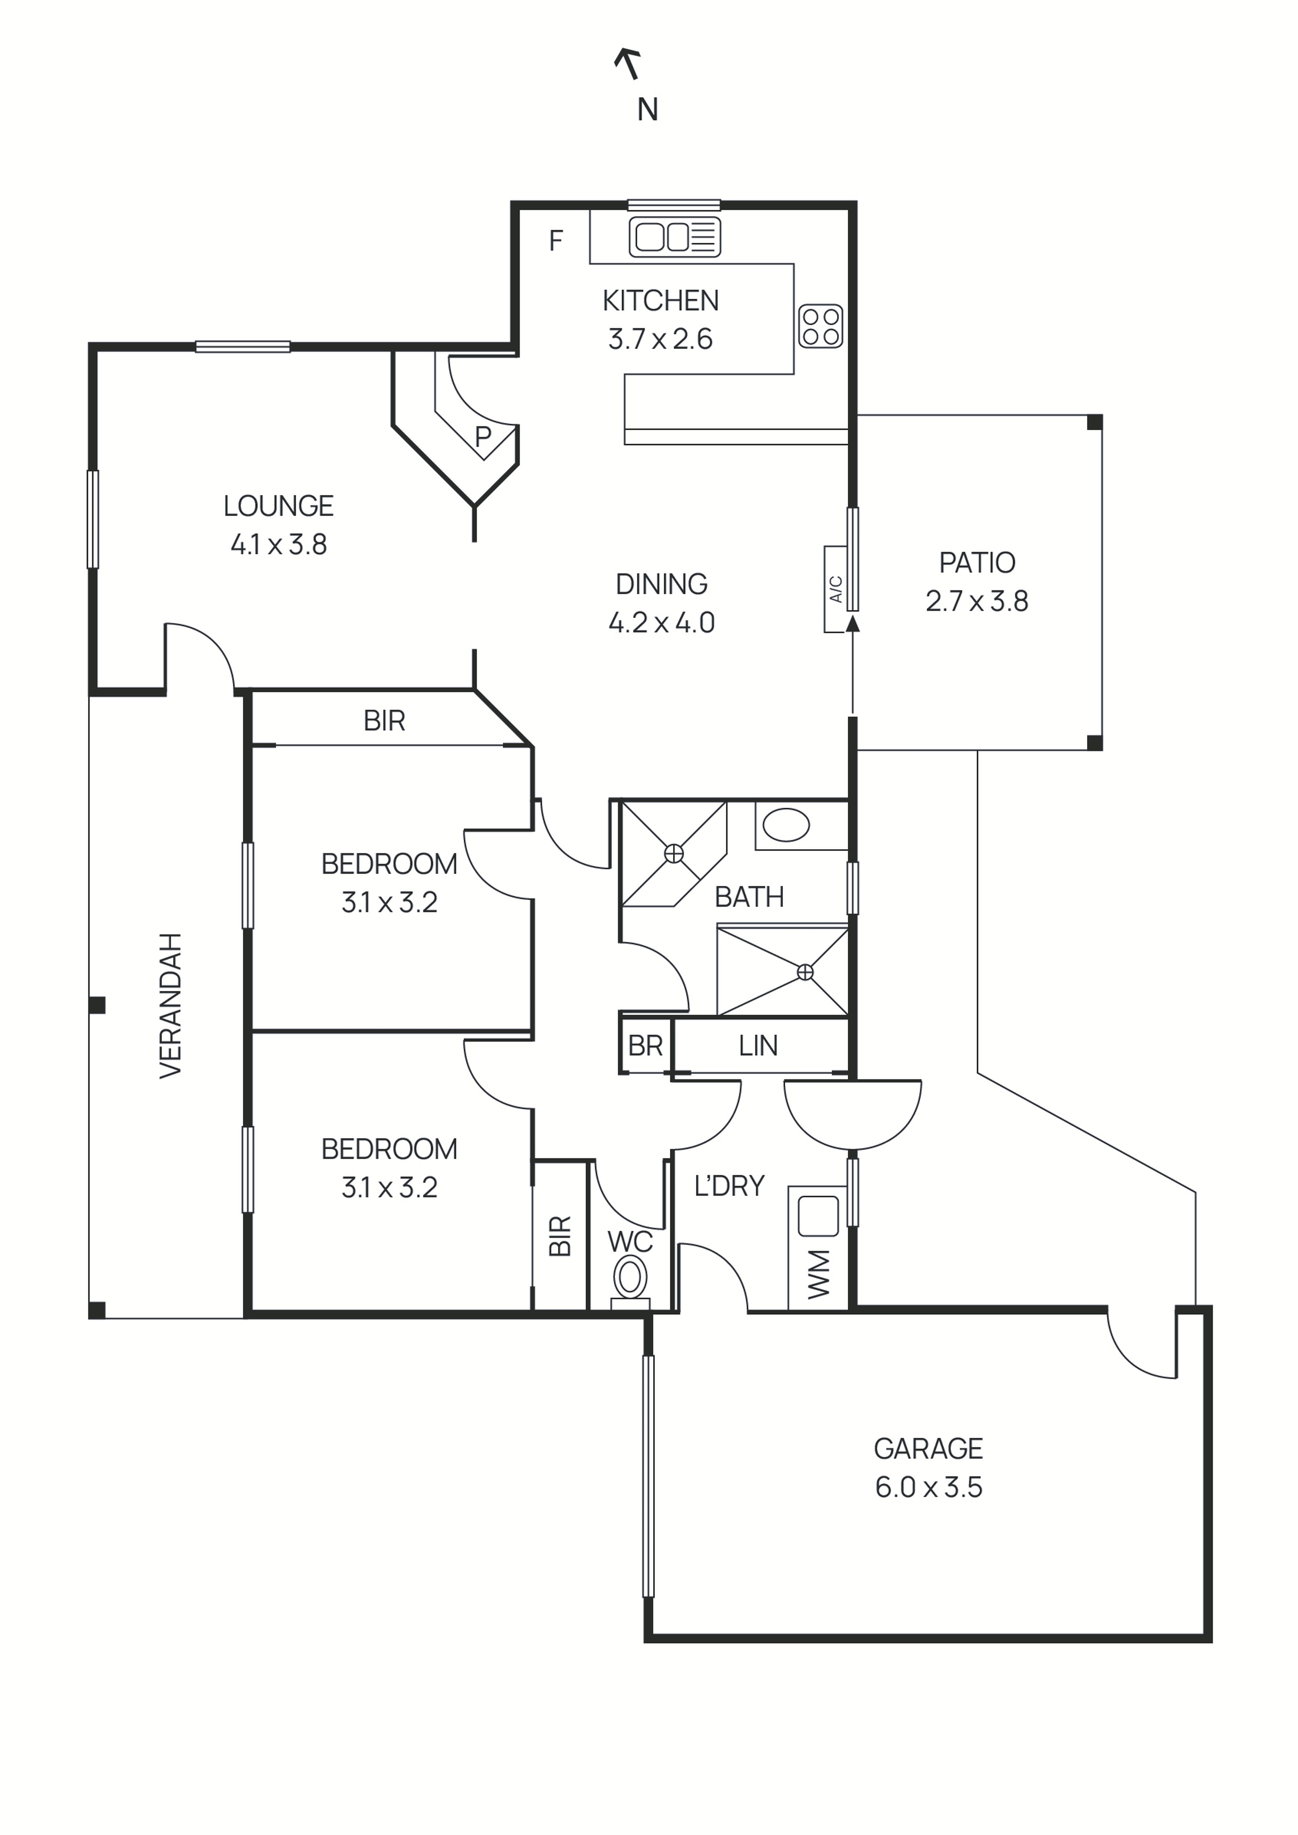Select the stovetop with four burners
pyautogui.click(x=821, y=326)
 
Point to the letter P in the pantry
pyautogui.click(x=483, y=436)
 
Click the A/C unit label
pyautogui.click(x=836, y=589)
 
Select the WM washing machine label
pyautogui.click(x=819, y=1274)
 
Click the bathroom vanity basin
pyautogui.click(x=787, y=825)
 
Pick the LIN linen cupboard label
pyautogui.click(x=758, y=1045)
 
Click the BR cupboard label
pyautogui.click(x=645, y=1045)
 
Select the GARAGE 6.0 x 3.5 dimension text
pyautogui.click(x=928, y=1487)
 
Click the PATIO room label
pyautogui.click(x=977, y=562)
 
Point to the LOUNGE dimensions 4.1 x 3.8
pyautogui.click(x=278, y=544)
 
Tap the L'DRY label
pyautogui.click(x=729, y=1185)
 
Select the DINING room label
pyautogui.click(x=661, y=584)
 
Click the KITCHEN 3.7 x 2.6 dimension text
pyautogui.click(x=660, y=339)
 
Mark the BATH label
pyautogui.click(x=749, y=897)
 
